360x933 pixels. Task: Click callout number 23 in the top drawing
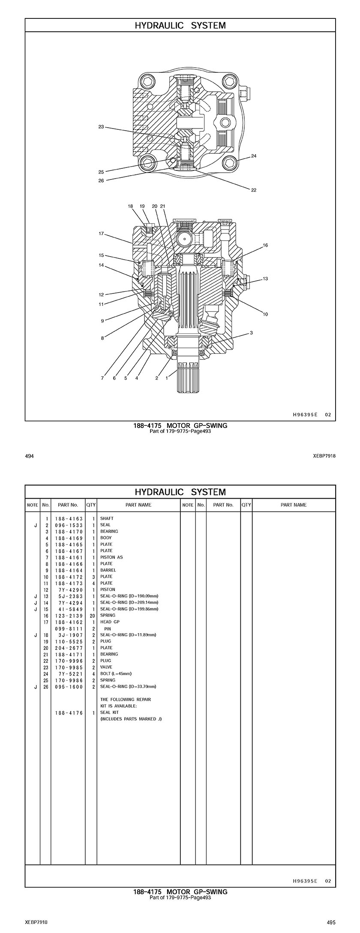[101, 127]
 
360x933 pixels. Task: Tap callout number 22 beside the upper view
[254, 190]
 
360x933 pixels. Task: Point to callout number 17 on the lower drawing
[102, 234]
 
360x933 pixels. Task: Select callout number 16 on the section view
[265, 245]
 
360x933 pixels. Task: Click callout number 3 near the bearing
[251, 333]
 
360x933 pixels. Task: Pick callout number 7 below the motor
[102, 378]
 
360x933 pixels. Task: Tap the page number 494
[29, 456]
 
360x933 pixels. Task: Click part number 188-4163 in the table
[69, 519]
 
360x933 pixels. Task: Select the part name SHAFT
[107, 519]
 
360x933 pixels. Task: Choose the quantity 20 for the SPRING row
[92, 616]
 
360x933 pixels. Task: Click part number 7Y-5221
[69, 674]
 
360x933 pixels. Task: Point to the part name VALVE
[106, 667]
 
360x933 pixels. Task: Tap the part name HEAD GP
[110, 622]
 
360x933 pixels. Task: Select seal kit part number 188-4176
[69, 713]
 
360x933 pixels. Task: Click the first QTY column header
[91, 505]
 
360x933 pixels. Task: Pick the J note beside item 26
[36, 687]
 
